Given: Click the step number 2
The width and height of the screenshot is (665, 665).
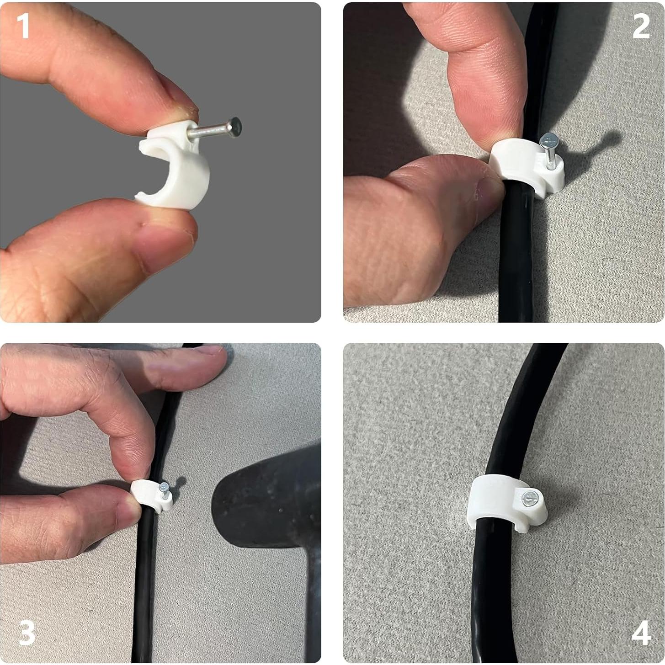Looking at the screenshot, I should coord(641,27).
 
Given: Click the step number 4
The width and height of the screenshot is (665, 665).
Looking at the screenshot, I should coord(641,633).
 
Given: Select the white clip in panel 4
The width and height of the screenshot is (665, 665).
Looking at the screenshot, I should coord(498,503).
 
